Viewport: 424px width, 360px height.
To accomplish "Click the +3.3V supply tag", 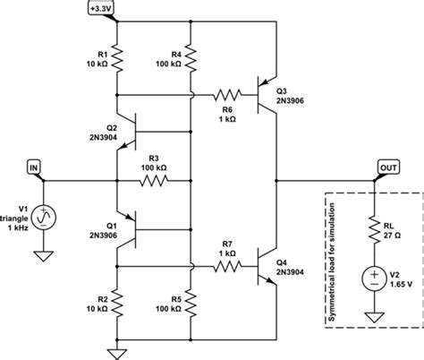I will (x=120, y=9).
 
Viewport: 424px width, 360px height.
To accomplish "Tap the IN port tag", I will (x=34, y=167).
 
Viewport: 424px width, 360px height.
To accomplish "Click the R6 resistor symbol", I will (x=231, y=93).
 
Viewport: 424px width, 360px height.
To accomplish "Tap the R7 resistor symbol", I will (x=231, y=265).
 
